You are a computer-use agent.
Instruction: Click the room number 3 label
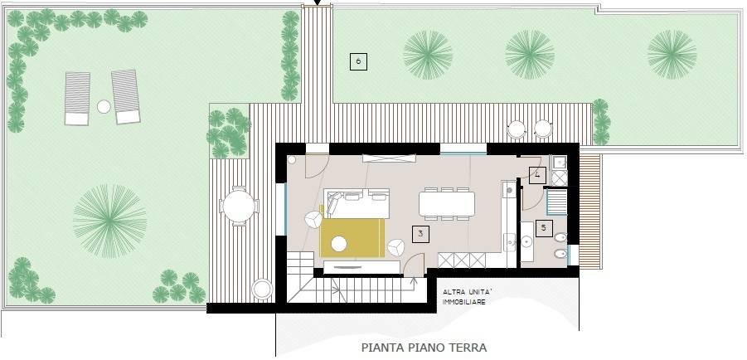(421, 234)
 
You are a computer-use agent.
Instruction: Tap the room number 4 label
(537, 175)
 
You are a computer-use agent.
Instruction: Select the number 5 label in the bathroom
(544, 226)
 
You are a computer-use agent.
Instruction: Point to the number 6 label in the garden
(357, 61)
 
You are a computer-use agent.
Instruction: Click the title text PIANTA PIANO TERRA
(424, 348)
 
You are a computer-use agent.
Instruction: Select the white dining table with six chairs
(447, 203)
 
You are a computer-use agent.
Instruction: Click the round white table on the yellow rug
(339, 244)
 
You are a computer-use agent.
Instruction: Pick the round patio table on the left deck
(239, 206)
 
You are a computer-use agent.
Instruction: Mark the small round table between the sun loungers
(104, 106)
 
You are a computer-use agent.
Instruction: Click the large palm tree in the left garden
(109, 220)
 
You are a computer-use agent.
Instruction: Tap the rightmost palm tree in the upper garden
(672, 54)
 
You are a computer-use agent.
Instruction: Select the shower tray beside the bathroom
(556, 202)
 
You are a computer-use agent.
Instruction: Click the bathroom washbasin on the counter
(527, 241)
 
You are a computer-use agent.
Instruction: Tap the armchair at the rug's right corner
(396, 247)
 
